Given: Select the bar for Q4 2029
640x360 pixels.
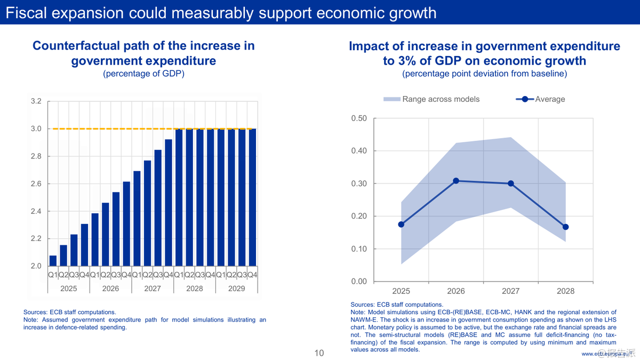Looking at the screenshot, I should pos(252,197).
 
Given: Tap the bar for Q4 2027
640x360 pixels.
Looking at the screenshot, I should pos(169,203).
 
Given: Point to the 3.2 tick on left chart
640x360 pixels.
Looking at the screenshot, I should pos(35,101).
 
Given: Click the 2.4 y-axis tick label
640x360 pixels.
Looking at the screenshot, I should pos(35,211).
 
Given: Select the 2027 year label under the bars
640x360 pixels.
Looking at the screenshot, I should pos(153,289).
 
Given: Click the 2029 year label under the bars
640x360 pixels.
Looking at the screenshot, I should pos(236,289).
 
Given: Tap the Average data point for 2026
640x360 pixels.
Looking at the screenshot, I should pos(456,181).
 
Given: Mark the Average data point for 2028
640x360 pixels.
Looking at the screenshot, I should pos(566,227).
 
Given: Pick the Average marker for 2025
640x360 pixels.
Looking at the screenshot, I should pos(401,225).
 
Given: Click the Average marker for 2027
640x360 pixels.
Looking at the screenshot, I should pos(511,183).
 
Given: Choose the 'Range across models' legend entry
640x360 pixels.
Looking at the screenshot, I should pos(431,99).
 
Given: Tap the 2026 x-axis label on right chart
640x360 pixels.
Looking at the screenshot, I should pos(456,291).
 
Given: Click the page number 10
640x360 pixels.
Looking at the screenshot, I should pos(319,353).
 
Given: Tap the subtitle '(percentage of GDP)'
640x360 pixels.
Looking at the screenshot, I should pos(143,74).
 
